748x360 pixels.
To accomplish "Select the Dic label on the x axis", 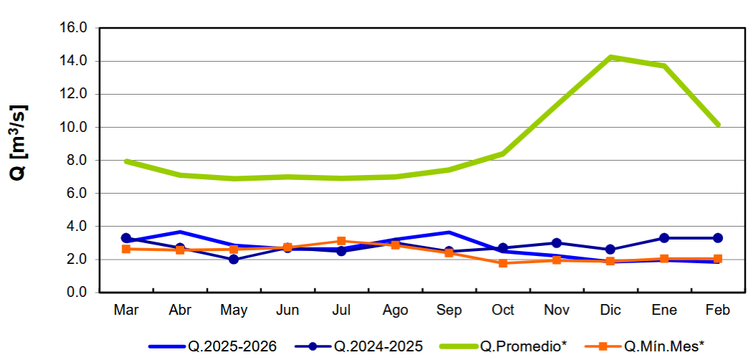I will [x=610, y=310].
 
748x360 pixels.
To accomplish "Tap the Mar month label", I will [x=126, y=310].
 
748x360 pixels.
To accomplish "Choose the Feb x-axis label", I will [x=718, y=310].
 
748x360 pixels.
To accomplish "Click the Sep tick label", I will [x=449, y=310].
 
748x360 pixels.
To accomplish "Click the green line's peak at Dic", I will [x=610, y=57].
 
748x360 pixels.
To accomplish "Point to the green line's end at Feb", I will [x=718, y=125].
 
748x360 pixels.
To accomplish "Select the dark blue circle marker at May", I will [x=234, y=260].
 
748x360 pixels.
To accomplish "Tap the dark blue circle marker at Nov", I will [x=557, y=243].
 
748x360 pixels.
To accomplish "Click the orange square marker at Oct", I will [x=503, y=263].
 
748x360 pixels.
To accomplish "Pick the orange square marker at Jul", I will [x=341, y=242].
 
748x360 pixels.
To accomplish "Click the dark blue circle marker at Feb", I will [x=718, y=238].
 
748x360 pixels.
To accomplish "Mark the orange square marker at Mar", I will [x=126, y=249].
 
